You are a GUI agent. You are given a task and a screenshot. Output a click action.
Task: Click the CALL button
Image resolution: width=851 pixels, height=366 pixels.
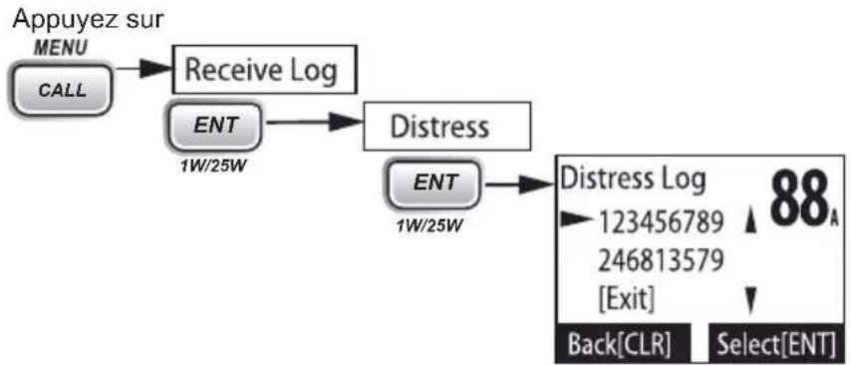62,89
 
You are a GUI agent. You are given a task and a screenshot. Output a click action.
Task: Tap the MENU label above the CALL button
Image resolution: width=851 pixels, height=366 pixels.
60,48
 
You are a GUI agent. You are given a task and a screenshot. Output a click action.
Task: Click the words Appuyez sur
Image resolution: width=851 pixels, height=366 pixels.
89,21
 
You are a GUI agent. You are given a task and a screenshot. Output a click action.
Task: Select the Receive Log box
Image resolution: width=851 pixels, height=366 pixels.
264,70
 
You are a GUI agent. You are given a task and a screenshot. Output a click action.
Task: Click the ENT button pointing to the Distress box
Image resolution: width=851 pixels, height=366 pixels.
216,125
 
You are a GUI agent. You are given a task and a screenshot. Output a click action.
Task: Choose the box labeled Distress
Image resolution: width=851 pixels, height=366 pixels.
445,127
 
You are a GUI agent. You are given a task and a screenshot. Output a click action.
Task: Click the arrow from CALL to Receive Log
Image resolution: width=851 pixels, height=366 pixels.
142,69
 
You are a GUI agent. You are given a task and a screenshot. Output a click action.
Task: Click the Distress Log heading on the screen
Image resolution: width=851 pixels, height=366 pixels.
633,181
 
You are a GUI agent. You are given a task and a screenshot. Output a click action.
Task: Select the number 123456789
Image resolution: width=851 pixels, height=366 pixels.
661,222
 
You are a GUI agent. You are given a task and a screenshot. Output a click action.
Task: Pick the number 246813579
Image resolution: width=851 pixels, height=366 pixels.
661,261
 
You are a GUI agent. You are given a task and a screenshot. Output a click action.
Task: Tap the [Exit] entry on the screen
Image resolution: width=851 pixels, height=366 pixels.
626,298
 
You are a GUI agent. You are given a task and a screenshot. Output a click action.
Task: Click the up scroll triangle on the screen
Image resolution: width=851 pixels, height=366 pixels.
750,223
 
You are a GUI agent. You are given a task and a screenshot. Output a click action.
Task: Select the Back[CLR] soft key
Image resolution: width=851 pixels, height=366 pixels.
624,343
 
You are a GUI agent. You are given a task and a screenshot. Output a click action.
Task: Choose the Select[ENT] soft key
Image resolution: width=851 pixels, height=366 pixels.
775,343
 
